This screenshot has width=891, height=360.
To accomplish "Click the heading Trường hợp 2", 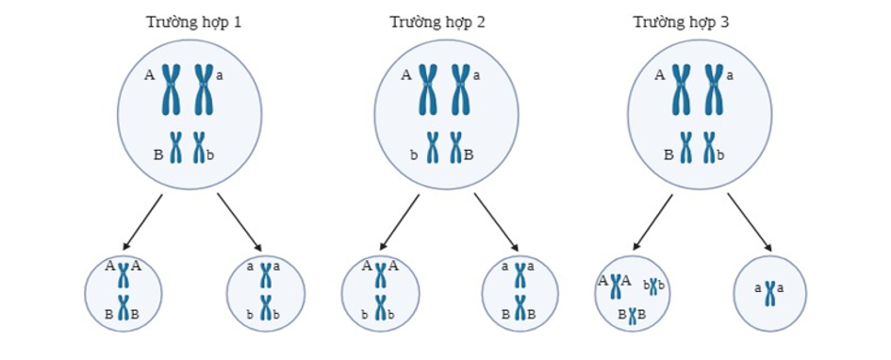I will point(437,21).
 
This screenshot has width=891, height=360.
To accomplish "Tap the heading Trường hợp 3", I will point(681,21).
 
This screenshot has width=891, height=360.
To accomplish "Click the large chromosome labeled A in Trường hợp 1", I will point(172,89).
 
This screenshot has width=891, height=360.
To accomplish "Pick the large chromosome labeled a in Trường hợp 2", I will point(459,89).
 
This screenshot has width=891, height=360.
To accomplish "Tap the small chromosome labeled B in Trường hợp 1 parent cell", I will point(175,148).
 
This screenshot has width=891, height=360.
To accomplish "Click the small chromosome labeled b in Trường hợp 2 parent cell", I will point(432,148).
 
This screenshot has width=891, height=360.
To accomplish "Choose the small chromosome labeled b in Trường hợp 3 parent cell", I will point(709,148).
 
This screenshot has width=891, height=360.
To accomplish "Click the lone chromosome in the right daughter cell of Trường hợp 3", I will point(770,293).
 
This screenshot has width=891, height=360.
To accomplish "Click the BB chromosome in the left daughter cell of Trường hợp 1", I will point(122,308).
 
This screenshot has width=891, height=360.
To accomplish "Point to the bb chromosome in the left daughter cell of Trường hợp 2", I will point(380,308).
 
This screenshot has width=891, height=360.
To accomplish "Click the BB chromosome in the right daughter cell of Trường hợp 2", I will point(519,308).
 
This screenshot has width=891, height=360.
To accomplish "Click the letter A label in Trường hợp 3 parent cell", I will point(660,74).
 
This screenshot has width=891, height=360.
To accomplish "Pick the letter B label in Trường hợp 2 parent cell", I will point(470,153).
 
